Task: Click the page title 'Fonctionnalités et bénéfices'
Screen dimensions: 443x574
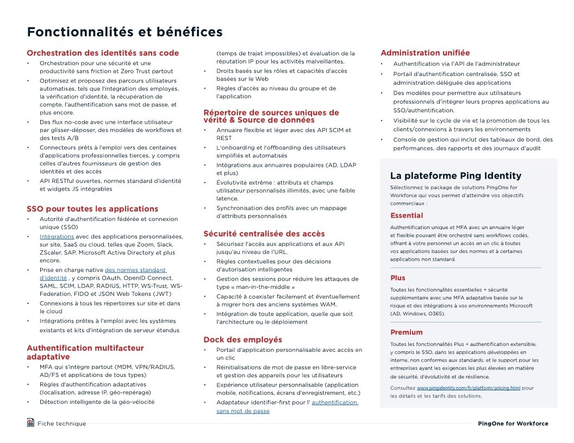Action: [124, 32]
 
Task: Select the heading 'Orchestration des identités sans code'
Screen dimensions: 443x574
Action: [103, 53]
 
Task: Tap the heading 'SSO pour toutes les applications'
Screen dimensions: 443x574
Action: [92, 209]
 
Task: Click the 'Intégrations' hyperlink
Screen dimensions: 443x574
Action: [57, 237]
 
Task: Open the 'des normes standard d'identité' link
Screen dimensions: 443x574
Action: [135, 270]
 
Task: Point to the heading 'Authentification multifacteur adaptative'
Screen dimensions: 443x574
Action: [85, 352]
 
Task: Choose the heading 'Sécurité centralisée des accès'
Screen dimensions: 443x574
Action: [264, 234]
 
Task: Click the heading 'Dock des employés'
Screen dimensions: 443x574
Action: [243, 340]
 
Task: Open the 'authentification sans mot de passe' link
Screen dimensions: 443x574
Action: [334, 402]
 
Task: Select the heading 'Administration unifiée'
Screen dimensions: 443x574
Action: [425, 53]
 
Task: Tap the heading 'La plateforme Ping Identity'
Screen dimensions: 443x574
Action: [456, 176]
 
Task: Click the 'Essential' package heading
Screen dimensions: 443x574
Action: [407, 216]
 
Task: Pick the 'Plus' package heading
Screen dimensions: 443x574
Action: [398, 278]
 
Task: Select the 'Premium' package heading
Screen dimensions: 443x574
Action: [407, 332]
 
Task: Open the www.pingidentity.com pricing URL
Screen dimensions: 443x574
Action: [469, 388]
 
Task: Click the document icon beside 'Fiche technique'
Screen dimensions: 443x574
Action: [30, 422]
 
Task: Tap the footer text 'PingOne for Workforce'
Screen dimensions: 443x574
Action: [513, 423]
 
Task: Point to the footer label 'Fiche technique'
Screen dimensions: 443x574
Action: [61, 423]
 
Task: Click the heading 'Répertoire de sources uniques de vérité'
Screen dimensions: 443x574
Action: [271, 116]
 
